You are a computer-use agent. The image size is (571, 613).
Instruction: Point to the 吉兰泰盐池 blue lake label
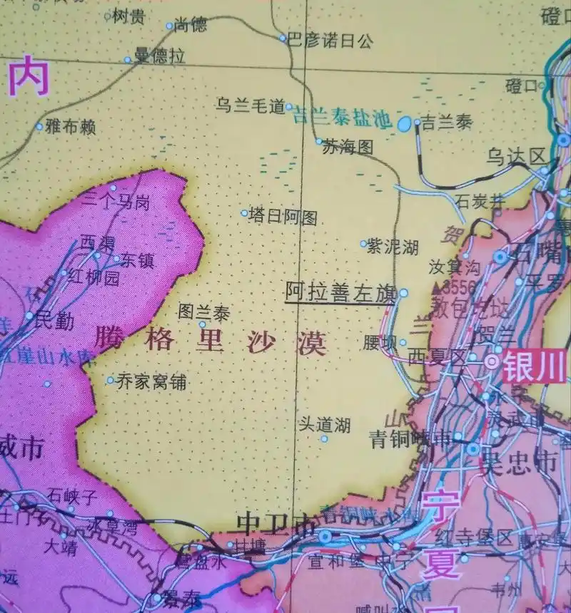tap(343, 119)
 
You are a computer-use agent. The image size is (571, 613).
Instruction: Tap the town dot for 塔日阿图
tap(244, 212)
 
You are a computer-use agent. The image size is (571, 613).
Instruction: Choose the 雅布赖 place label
tap(69, 128)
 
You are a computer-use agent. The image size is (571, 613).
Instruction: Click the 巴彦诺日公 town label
tap(330, 41)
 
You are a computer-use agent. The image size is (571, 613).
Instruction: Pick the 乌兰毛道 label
tap(250, 107)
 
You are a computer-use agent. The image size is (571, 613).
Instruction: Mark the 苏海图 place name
tap(348, 148)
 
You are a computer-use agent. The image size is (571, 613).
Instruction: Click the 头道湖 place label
tap(324, 426)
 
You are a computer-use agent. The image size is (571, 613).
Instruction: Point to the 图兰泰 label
tap(203, 312)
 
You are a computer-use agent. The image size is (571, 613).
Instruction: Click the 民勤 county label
tap(54, 321)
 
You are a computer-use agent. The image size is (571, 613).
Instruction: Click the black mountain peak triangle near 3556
tap(437, 287)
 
